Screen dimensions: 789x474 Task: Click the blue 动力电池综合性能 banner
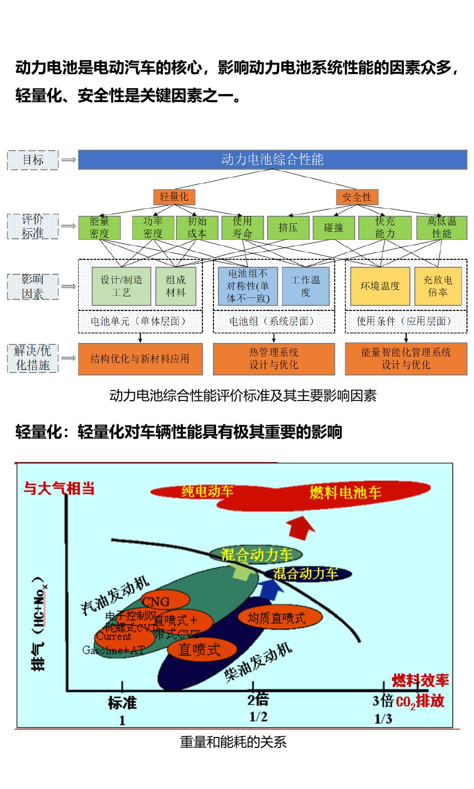click(x=272, y=160)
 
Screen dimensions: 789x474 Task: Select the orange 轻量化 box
click(x=174, y=197)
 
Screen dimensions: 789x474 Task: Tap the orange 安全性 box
click(x=357, y=197)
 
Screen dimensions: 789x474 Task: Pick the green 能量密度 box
click(x=99, y=227)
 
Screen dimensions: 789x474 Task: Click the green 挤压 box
click(x=288, y=227)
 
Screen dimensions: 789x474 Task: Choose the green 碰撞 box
click(x=333, y=227)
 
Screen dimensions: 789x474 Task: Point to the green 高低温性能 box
click(x=441, y=227)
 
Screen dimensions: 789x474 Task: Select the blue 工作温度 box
click(x=305, y=286)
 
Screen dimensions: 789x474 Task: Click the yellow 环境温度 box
click(x=380, y=286)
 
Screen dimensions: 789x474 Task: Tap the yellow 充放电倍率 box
click(x=437, y=286)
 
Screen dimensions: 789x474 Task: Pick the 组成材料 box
click(x=175, y=286)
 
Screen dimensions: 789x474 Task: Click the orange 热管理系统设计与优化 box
click(x=274, y=358)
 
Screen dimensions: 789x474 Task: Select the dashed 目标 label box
click(x=33, y=160)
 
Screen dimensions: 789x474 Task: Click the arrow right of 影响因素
click(x=68, y=286)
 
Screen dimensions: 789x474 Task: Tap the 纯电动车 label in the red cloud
click(x=207, y=491)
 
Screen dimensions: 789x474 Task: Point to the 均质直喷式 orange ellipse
click(x=276, y=618)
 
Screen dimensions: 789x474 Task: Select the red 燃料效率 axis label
click(x=420, y=680)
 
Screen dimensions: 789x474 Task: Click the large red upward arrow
click(x=300, y=529)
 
